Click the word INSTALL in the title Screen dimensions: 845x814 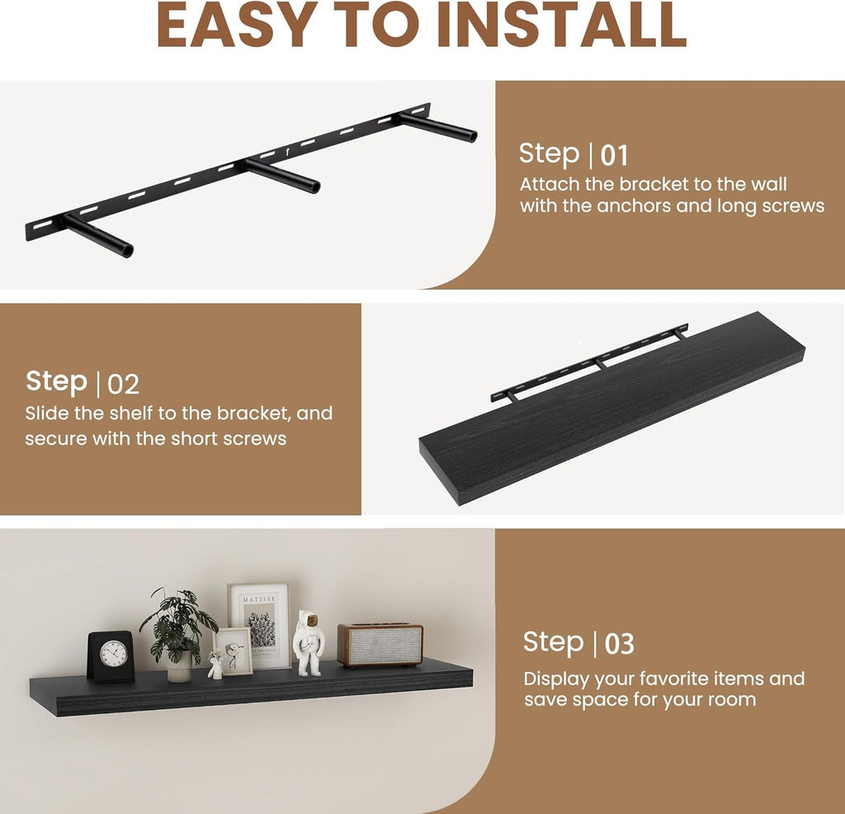click(x=561, y=25)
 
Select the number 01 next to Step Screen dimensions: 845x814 click(x=614, y=156)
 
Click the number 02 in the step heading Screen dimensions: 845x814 click(x=124, y=385)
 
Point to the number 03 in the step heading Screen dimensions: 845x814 click(x=619, y=644)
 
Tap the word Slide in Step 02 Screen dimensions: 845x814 click(x=47, y=413)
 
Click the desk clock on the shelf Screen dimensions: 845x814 click(x=111, y=656)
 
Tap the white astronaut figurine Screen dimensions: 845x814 click(x=309, y=642)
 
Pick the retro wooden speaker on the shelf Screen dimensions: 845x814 click(x=380, y=645)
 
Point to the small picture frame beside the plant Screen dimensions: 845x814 click(x=233, y=651)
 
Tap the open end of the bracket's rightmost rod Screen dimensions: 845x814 click(x=471, y=135)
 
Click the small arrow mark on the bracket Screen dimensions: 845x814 click(x=287, y=153)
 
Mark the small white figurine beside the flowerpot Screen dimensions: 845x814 click(x=215, y=665)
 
